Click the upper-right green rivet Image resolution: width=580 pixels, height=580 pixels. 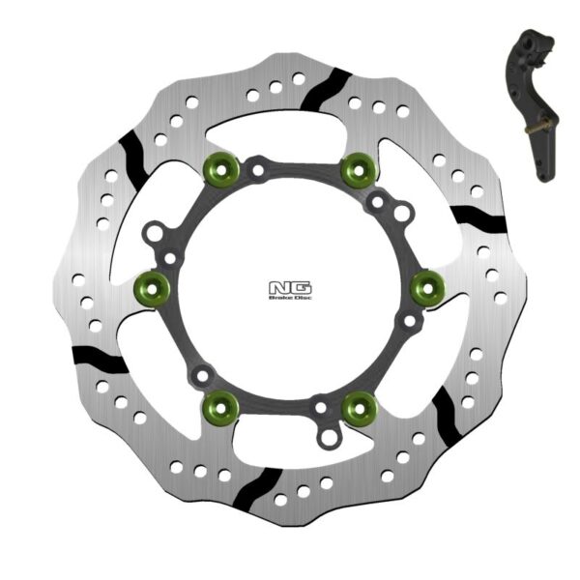coord(357,169)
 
